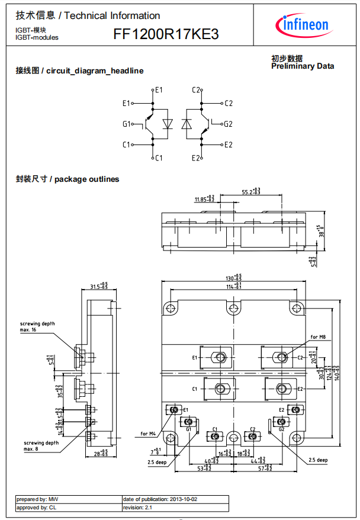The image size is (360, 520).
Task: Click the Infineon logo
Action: pyautogui.click(x=303, y=24)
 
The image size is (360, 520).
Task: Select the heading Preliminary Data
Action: pyautogui.click(x=302, y=66)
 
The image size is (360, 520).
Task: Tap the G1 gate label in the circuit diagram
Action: pyautogui.click(x=126, y=124)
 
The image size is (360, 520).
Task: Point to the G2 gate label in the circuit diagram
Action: pyautogui.click(x=229, y=124)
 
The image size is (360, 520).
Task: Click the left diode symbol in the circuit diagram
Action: pyautogui.click(x=168, y=124)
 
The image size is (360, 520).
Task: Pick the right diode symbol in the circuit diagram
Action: pyautogui.click(x=187, y=124)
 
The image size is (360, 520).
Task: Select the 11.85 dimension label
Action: pyautogui.click(x=204, y=200)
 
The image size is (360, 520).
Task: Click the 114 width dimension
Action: pyautogui.click(x=234, y=287)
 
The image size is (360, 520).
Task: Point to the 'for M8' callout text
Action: pyautogui.click(x=319, y=337)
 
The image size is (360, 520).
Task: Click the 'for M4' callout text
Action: pyautogui.click(x=148, y=434)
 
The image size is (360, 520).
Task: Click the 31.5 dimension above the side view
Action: pyautogui.click(x=98, y=287)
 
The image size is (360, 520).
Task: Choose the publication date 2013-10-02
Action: pyautogui.click(x=160, y=499)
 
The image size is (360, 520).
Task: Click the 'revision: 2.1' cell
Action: pyautogui.click(x=137, y=508)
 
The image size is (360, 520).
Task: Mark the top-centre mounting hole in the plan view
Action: pyautogui.click(x=234, y=308)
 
